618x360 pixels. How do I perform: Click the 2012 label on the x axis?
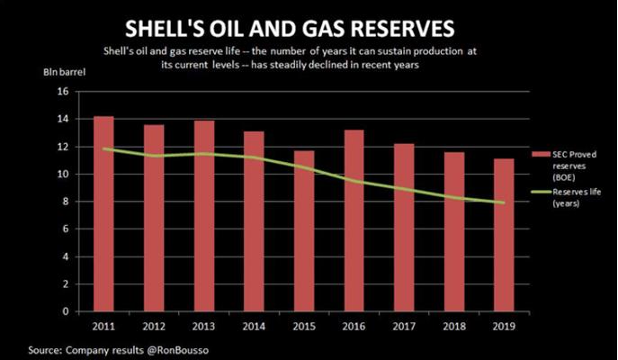coord(154,327)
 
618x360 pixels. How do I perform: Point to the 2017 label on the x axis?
coord(405,327)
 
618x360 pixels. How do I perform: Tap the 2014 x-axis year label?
coord(255,327)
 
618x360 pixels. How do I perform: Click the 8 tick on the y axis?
coord(65,202)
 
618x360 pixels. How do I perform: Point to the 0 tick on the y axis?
coord(65,311)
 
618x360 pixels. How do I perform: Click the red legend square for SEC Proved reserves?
coord(540,155)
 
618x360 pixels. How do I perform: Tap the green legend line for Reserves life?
coord(542,191)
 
